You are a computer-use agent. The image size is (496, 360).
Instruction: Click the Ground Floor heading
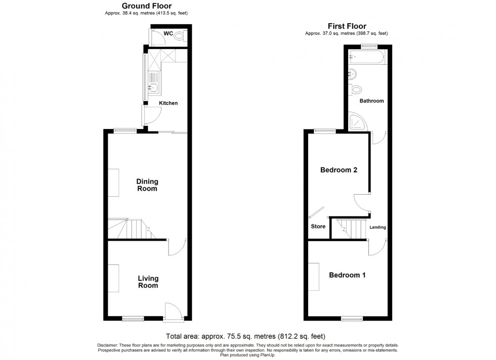click(147, 6)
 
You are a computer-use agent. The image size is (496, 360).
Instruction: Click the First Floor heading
click(347, 26)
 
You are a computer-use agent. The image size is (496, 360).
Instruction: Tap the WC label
click(168, 34)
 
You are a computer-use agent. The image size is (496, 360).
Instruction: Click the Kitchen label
click(169, 103)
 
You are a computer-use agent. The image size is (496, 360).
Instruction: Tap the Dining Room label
click(147, 185)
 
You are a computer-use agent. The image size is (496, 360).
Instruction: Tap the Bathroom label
click(371, 101)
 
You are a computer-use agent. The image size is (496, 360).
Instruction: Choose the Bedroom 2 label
click(339, 170)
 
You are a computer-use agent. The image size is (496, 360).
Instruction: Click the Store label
click(318, 227)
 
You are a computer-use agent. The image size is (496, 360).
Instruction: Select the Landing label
click(378, 228)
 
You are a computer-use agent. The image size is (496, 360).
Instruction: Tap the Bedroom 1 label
click(347, 276)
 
